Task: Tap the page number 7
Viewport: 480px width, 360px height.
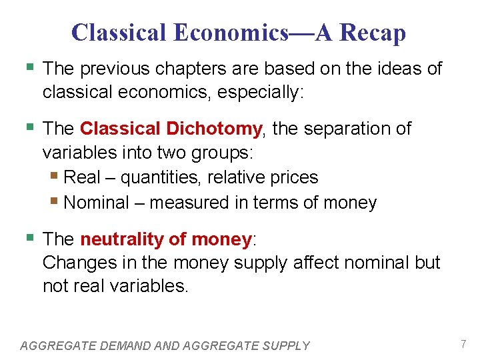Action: (x=463, y=344)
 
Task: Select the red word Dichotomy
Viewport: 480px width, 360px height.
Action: (x=226, y=128)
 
